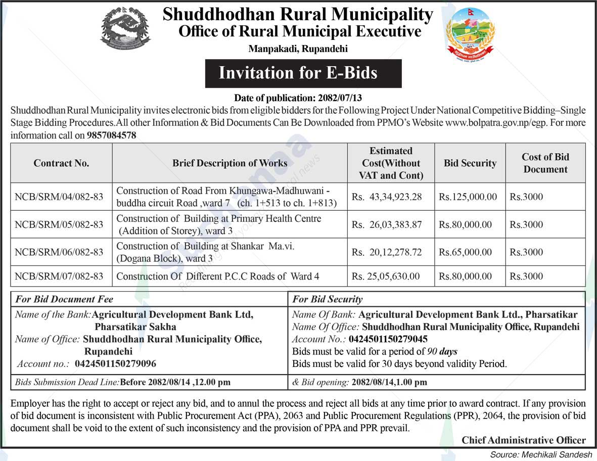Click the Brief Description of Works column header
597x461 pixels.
click(x=229, y=163)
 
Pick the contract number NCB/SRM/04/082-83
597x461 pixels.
click(x=59, y=197)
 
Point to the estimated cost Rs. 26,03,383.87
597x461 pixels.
click(x=387, y=224)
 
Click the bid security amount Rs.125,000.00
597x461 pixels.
click(x=468, y=197)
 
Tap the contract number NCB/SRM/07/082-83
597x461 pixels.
click(x=59, y=276)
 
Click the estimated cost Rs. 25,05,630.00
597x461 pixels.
click(x=386, y=276)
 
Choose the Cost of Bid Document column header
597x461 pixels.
click(x=545, y=163)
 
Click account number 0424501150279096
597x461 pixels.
click(x=115, y=363)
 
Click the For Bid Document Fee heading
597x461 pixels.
click(x=64, y=299)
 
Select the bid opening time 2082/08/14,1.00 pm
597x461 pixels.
click(x=389, y=383)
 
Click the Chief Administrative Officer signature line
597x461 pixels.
click(x=523, y=440)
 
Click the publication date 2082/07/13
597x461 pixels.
click(x=341, y=98)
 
